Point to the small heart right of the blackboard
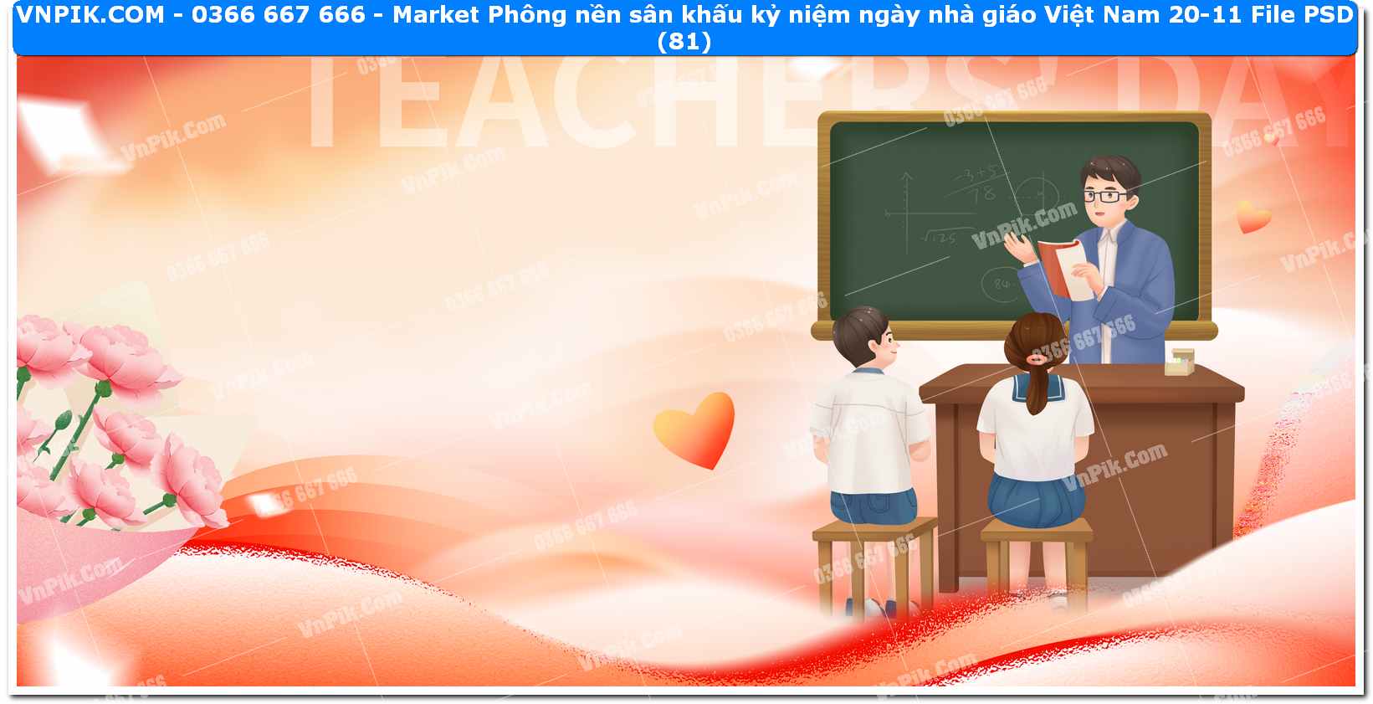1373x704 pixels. (x=1253, y=217)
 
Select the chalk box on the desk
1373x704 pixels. (x=1181, y=361)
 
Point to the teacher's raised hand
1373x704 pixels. (x=1018, y=246)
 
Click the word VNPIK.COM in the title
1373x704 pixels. (x=90, y=15)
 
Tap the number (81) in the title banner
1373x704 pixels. (x=684, y=41)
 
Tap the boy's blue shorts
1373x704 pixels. (x=872, y=505)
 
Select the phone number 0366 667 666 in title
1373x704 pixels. (x=279, y=15)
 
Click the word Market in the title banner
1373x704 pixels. (x=435, y=15)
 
